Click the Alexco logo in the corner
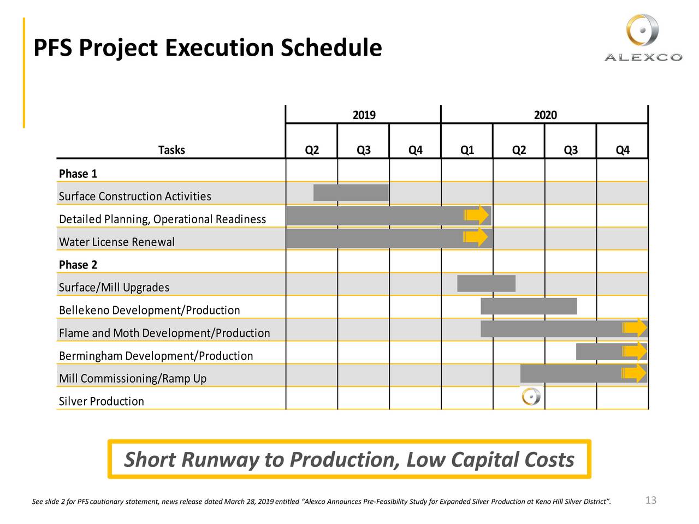(643, 38)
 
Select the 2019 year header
(364, 115)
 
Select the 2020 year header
(545, 115)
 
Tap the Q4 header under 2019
(415, 150)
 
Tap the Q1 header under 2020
(467, 150)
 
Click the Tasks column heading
(171, 150)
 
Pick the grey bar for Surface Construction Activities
(351, 193)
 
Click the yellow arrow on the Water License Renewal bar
(476, 237)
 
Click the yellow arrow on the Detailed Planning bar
(477, 215)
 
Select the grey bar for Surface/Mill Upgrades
(486, 283)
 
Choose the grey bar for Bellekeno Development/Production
(528, 306)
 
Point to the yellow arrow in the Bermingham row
(635, 350)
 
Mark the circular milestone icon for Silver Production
(531, 397)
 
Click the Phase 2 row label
(78, 265)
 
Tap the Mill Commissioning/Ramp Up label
(133, 378)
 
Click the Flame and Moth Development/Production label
(164, 333)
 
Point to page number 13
(650, 500)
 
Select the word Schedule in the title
(331, 48)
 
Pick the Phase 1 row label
(78, 174)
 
